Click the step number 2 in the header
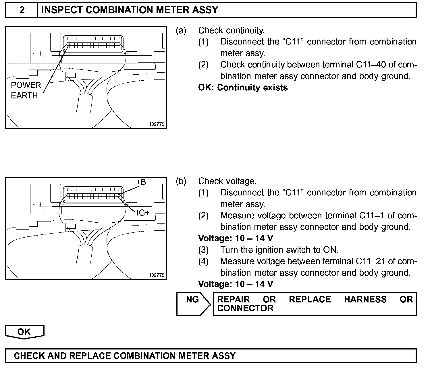tap(22, 10)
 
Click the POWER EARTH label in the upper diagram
tap(26, 90)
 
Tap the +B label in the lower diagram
tap(141, 182)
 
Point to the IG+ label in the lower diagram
tap(143, 213)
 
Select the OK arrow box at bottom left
tap(24, 332)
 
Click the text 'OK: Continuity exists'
tap(243, 88)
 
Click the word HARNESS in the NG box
tap(365, 300)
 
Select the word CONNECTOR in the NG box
tap(245, 308)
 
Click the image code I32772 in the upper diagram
tap(157, 124)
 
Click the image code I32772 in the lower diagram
tap(157, 275)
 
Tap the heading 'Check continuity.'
tap(231, 30)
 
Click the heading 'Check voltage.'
tap(227, 181)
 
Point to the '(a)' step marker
tap(181, 30)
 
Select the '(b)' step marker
tap(181, 181)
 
